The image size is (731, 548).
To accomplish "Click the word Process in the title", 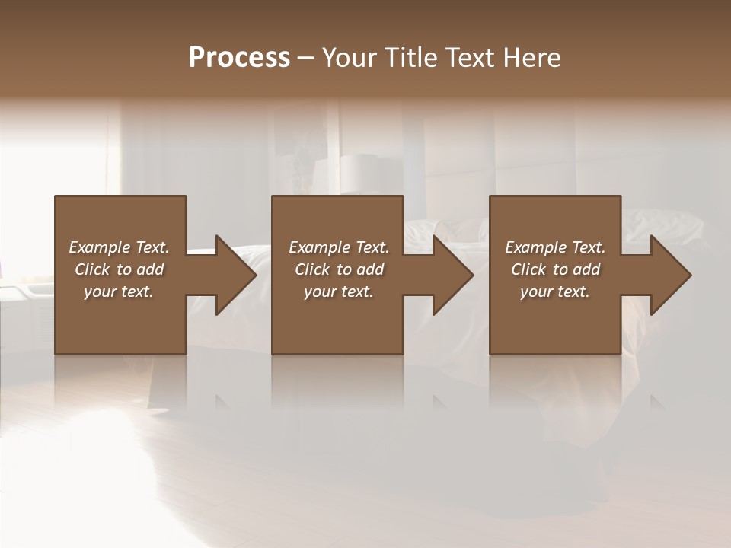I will (239, 58).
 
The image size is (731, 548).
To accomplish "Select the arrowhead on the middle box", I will (452, 275).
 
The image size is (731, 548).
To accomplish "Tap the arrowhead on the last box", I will (669, 275).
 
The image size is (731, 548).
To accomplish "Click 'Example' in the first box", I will (99, 247).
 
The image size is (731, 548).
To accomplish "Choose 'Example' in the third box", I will (535, 247).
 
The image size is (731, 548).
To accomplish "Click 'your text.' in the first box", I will (119, 292).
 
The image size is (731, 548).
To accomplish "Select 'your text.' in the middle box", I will (339, 292).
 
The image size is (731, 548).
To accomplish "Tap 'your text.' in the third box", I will (555, 292).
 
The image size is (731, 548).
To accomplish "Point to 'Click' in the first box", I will (92, 269).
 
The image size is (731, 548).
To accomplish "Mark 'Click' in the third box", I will (528, 269).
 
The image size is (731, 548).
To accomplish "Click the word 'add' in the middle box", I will (370, 269).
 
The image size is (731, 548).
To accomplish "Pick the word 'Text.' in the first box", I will (152, 247).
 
